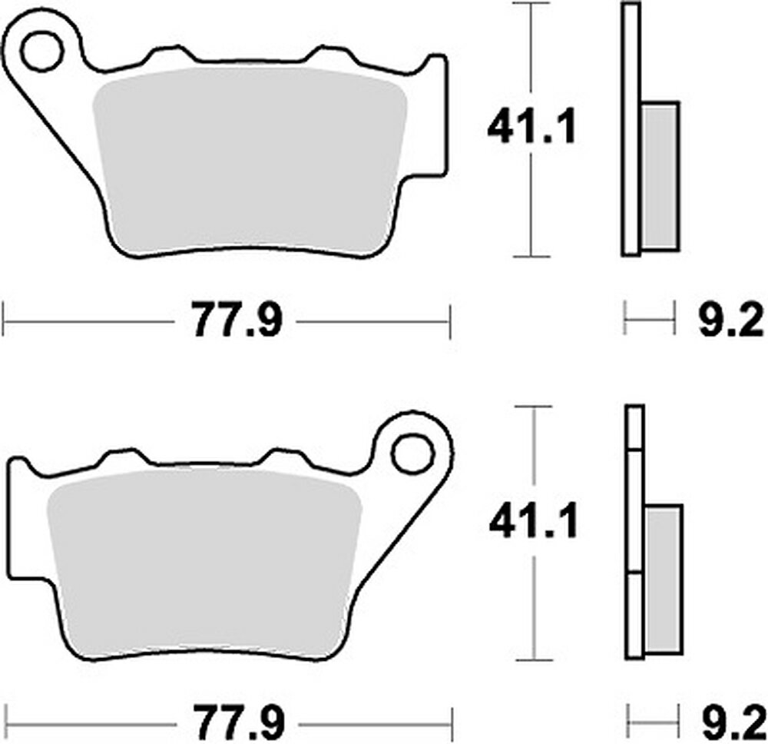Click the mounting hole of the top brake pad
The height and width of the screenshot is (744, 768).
[41, 51]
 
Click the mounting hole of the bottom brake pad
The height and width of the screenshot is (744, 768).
[412, 453]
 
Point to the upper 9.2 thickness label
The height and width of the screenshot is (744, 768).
[730, 321]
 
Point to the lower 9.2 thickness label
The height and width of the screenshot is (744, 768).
[730, 723]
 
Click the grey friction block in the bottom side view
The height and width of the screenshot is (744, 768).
[663, 580]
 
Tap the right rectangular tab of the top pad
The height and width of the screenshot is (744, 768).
[435, 115]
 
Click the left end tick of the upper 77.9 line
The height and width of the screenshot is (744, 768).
[4, 320]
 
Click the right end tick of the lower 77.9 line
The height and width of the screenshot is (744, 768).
[451, 722]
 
